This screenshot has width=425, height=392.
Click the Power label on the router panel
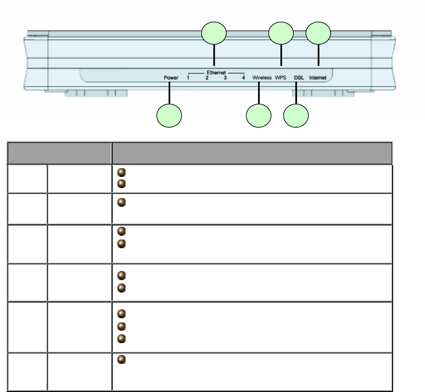(x=171, y=77)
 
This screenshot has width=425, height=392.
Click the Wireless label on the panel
(x=262, y=77)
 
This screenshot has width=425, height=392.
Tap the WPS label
(x=281, y=77)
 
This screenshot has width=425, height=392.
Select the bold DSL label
(x=298, y=77)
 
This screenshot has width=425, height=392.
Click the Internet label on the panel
(x=318, y=77)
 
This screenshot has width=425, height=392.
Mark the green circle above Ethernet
(x=214, y=34)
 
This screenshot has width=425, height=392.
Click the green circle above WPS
(x=281, y=34)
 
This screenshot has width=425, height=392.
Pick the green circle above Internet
(x=319, y=34)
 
